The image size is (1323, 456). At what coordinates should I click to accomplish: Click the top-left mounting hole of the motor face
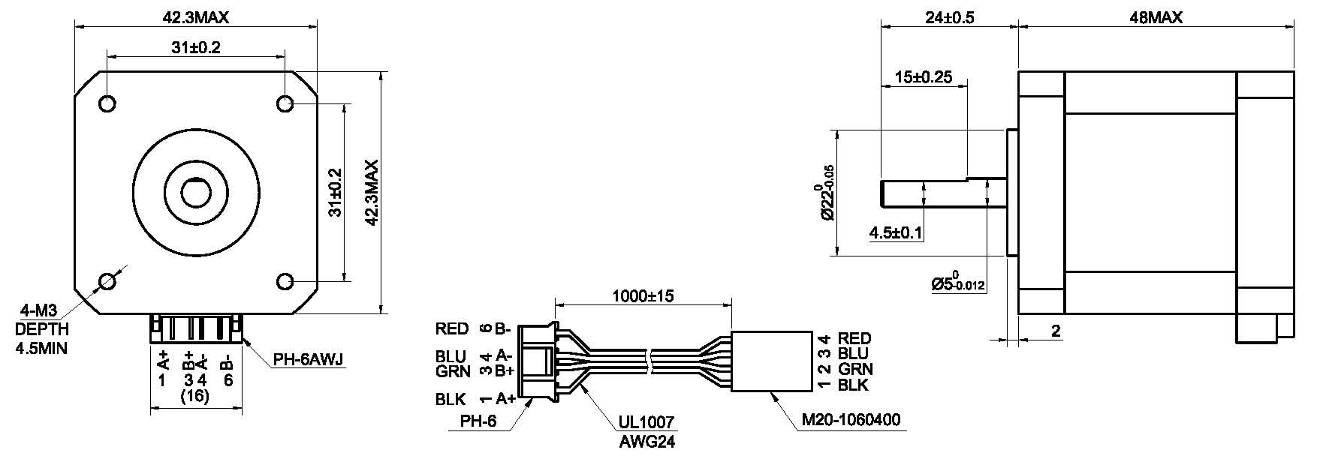[107, 103]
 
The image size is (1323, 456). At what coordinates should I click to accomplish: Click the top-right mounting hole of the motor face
[285, 103]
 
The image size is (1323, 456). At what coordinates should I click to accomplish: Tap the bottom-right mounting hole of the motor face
[285, 281]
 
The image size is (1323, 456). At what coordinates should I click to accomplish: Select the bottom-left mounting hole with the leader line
[107, 281]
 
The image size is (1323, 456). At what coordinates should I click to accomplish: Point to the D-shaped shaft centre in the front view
[196, 192]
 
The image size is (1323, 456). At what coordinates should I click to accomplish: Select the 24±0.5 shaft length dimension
[950, 17]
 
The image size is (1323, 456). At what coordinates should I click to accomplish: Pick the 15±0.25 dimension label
[924, 76]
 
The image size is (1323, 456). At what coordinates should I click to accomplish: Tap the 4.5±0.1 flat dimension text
[895, 233]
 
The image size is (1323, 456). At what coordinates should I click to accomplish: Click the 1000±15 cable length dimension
[643, 295]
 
